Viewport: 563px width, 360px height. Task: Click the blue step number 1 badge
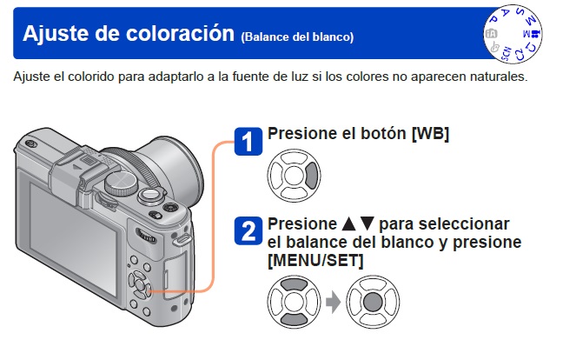pyautogui.click(x=248, y=142)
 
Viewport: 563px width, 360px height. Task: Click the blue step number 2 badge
pyautogui.click(x=248, y=231)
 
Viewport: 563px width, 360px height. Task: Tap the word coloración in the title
pyautogui.click(x=180, y=33)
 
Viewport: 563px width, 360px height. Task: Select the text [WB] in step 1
pyautogui.click(x=430, y=134)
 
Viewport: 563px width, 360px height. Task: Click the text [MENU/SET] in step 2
pyautogui.click(x=315, y=260)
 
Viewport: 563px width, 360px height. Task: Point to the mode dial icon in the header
pyautogui.click(x=513, y=34)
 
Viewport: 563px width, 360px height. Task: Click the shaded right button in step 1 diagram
pyautogui.click(x=312, y=176)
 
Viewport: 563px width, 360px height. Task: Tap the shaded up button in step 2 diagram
pyautogui.click(x=294, y=284)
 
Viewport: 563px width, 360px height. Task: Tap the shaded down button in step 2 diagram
pyautogui.click(x=294, y=319)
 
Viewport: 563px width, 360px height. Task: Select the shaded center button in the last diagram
pyautogui.click(x=373, y=302)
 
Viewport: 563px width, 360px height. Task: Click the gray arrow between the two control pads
pyautogui.click(x=334, y=302)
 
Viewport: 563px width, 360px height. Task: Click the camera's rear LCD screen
pyautogui.click(x=73, y=238)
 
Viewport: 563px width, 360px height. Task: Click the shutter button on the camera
pyautogui.click(x=151, y=195)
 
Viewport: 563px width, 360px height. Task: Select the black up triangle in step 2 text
pyautogui.click(x=349, y=223)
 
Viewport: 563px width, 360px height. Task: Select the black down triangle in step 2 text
pyautogui.click(x=367, y=223)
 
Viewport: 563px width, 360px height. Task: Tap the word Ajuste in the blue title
pyautogui.click(x=56, y=33)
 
